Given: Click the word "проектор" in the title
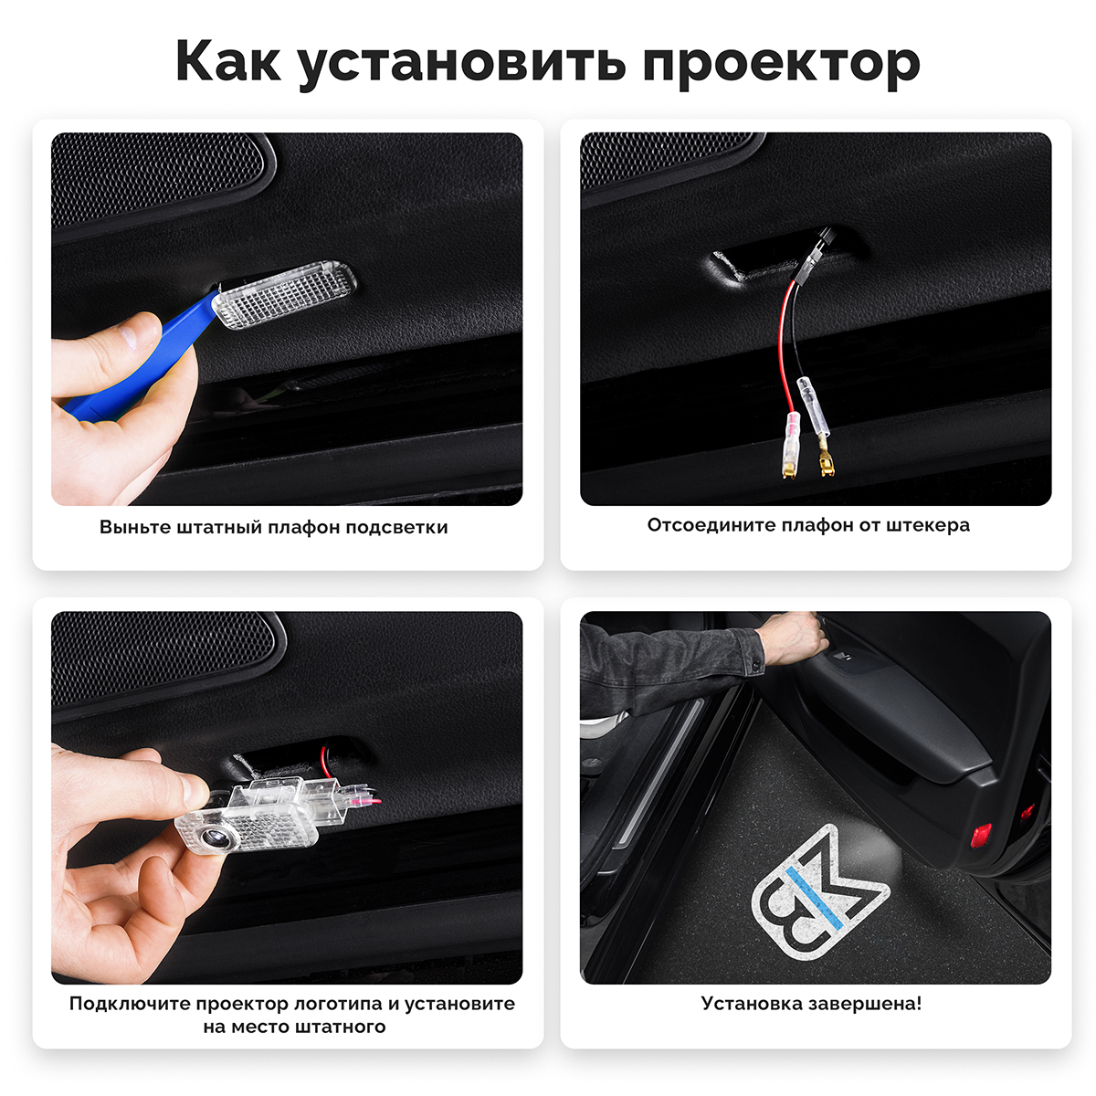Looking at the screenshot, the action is [x=782, y=64].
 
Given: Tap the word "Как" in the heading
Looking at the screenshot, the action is [x=228, y=61].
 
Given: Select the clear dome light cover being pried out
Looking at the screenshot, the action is [x=284, y=294].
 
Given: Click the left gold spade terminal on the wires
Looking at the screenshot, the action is [x=789, y=469].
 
